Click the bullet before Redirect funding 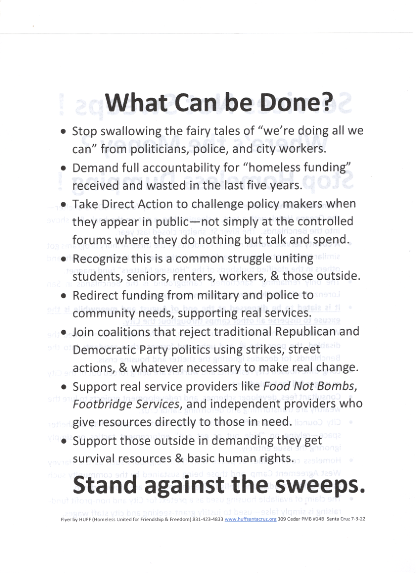tap(64, 296)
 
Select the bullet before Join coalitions tap(64, 333)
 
